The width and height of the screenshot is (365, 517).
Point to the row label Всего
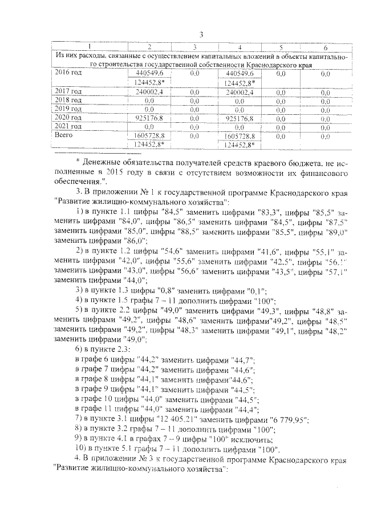[x=63, y=135]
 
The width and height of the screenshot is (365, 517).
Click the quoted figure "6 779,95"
[x=287, y=420]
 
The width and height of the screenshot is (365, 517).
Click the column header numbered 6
[x=325, y=46]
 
